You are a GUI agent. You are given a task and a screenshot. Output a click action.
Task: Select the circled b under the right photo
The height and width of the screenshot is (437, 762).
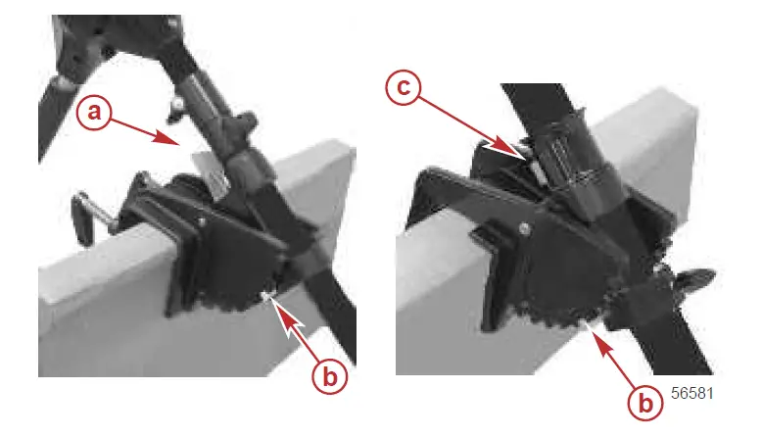pos(644,401)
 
